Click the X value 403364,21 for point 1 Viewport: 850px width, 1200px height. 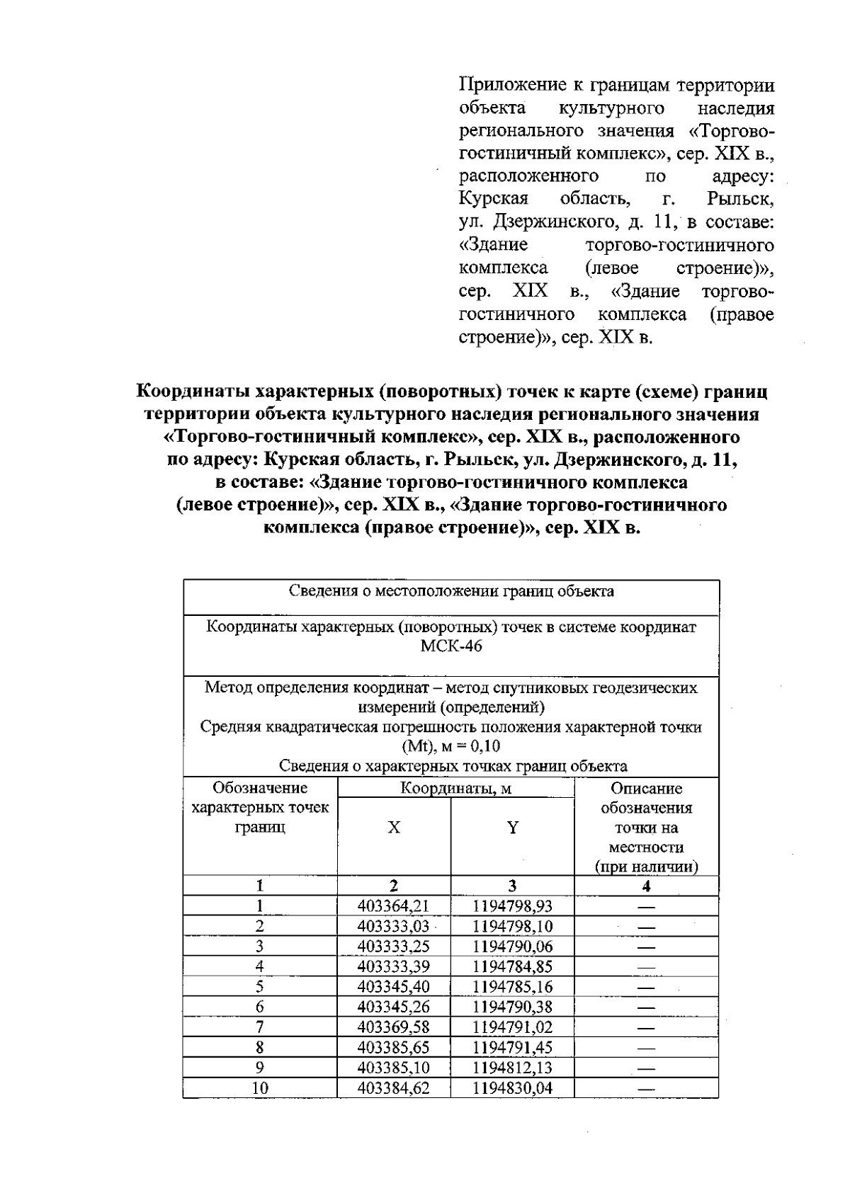point(393,905)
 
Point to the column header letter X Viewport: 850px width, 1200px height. point(394,828)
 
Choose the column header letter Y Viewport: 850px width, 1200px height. point(512,828)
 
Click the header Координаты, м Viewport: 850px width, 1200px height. point(455,788)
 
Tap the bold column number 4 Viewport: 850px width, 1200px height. point(645,886)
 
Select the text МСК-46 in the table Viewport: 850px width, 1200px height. point(451,646)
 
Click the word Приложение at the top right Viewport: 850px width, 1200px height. point(508,86)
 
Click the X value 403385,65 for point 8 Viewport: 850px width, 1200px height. point(393,1047)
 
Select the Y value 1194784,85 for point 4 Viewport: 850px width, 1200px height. point(512,966)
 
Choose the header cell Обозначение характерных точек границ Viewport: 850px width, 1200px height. point(260,808)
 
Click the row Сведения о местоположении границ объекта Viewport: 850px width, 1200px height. point(451,591)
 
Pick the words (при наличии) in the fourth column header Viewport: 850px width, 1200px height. point(645,867)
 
